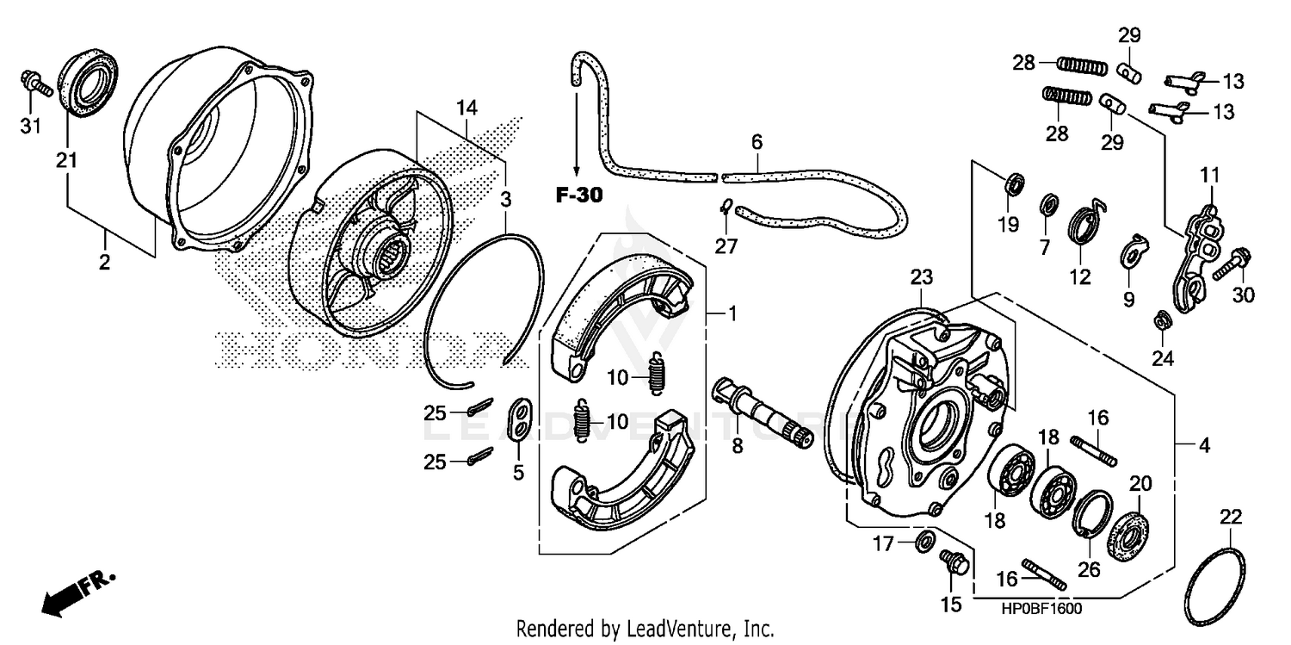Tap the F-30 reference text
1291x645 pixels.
click(x=578, y=195)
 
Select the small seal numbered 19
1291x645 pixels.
click(x=1016, y=183)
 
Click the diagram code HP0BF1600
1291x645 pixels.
click(x=1041, y=609)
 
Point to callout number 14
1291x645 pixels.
click(x=466, y=109)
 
